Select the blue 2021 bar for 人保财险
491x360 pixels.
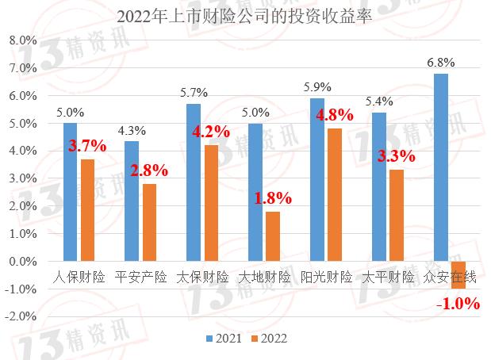[x=70, y=192]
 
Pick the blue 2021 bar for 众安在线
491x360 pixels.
[x=441, y=167]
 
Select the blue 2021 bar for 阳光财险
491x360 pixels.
[x=317, y=180]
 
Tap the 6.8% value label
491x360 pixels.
[x=441, y=62]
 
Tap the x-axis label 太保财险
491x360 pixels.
[x=201, y=278]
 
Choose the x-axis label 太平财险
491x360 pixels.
[x=388, y=278]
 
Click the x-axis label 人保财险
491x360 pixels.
[x=79, y=278]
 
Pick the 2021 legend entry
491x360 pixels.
[x=224, y=339]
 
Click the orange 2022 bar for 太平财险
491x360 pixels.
[x=397, y=216]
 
